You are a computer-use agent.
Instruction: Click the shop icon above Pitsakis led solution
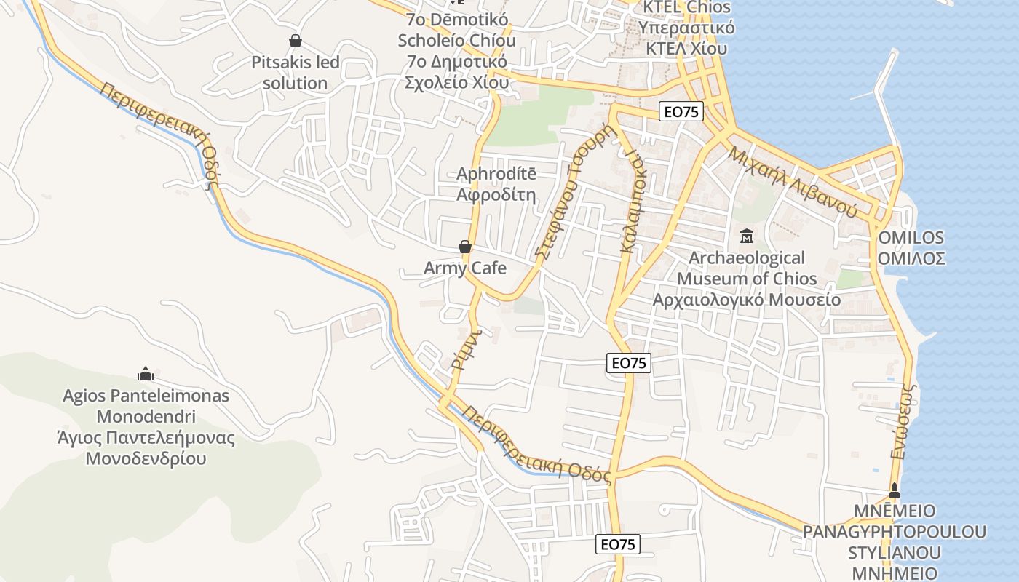pyautogui.click(x=296, y=41)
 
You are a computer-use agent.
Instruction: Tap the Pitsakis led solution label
pyautogui.click(x=296, y=73)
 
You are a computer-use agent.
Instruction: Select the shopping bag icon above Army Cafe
pyautogui.click(x=465, y=247)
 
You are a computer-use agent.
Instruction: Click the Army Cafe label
pyautogui.click(x=465, y=268)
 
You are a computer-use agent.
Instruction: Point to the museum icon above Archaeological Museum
pyautogui.click(x=747, y=236)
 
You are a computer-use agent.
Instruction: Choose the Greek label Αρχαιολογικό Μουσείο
pyautogui.click(x=747, y=300)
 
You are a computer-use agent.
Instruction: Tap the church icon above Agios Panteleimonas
pyautogui.click(x=146, y=375)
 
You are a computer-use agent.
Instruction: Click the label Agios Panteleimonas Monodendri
pyautogui.click(x=146, y=407)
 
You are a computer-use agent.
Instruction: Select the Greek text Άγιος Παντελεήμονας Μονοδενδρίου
pyautogui.click(x=146, y=448)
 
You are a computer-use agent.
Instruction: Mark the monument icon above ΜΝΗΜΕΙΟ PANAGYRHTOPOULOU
pyautogui.click(x=895, y=490)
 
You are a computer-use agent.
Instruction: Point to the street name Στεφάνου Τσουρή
pyautogui.click(x=575, y=193)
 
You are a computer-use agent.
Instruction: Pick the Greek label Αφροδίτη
pyautogui.click(x=496, y=195)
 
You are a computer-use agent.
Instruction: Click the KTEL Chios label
pyautogui.click(x=686, y=8)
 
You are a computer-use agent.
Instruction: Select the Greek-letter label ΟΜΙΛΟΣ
pyautogui.click(x=911, y=258)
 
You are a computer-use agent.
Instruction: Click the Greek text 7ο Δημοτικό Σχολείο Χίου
pyautogui.click(x=456, y=72)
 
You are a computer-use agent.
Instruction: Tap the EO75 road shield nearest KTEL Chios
pyautogui.click(x=682, y=111)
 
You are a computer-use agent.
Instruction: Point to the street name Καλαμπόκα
pyautogui.click(x=633, y=204)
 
